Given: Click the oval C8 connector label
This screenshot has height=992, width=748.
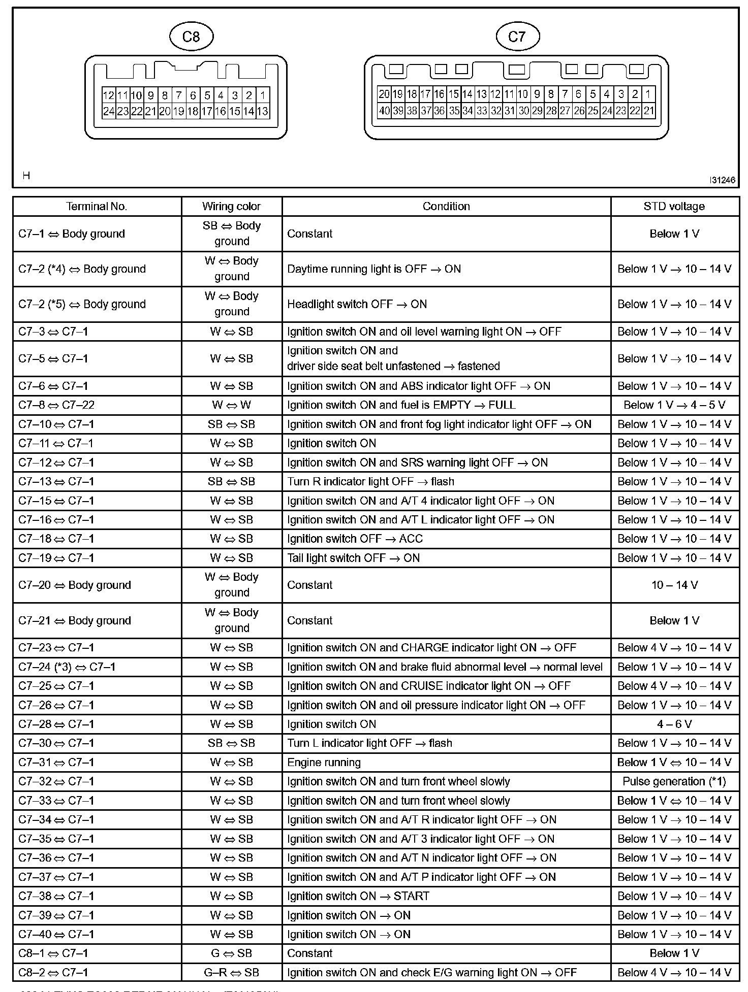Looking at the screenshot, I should pos(191,36).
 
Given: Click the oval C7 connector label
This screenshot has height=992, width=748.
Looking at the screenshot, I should pos(517,36).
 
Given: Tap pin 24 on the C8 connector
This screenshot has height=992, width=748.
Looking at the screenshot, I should pos(108,111).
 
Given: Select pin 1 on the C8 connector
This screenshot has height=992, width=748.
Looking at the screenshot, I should pos(263,95).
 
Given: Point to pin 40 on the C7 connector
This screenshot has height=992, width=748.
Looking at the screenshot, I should pos(384,110).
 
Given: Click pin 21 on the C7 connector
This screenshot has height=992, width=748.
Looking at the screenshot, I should pos(649,110).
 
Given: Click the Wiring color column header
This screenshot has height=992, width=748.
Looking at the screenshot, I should pos(231,206).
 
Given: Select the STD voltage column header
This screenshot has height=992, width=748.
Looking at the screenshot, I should pos(674,206).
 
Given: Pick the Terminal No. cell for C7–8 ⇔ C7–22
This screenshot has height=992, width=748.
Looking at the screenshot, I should pos(56,405).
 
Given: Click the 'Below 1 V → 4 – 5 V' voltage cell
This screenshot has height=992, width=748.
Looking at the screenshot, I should pos(674,405).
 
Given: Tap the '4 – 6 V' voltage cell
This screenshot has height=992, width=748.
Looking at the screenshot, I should pos(674,724).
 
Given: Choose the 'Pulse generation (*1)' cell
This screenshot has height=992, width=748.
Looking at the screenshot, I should pos(674,781).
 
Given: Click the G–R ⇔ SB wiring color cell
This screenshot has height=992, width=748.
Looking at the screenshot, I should pos(231,972).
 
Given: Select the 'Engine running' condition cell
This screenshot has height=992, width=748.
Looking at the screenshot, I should pos(324,762).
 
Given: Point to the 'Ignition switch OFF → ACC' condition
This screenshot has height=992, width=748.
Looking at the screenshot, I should pos(355,539).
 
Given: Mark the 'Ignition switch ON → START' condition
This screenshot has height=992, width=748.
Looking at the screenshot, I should pos(358,896).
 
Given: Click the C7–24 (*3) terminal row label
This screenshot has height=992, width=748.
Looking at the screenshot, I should pos(67,667).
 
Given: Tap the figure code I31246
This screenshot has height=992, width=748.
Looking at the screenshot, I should pos(723,180).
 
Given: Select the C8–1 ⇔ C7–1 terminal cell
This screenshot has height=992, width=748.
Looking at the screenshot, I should pos(53,953).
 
